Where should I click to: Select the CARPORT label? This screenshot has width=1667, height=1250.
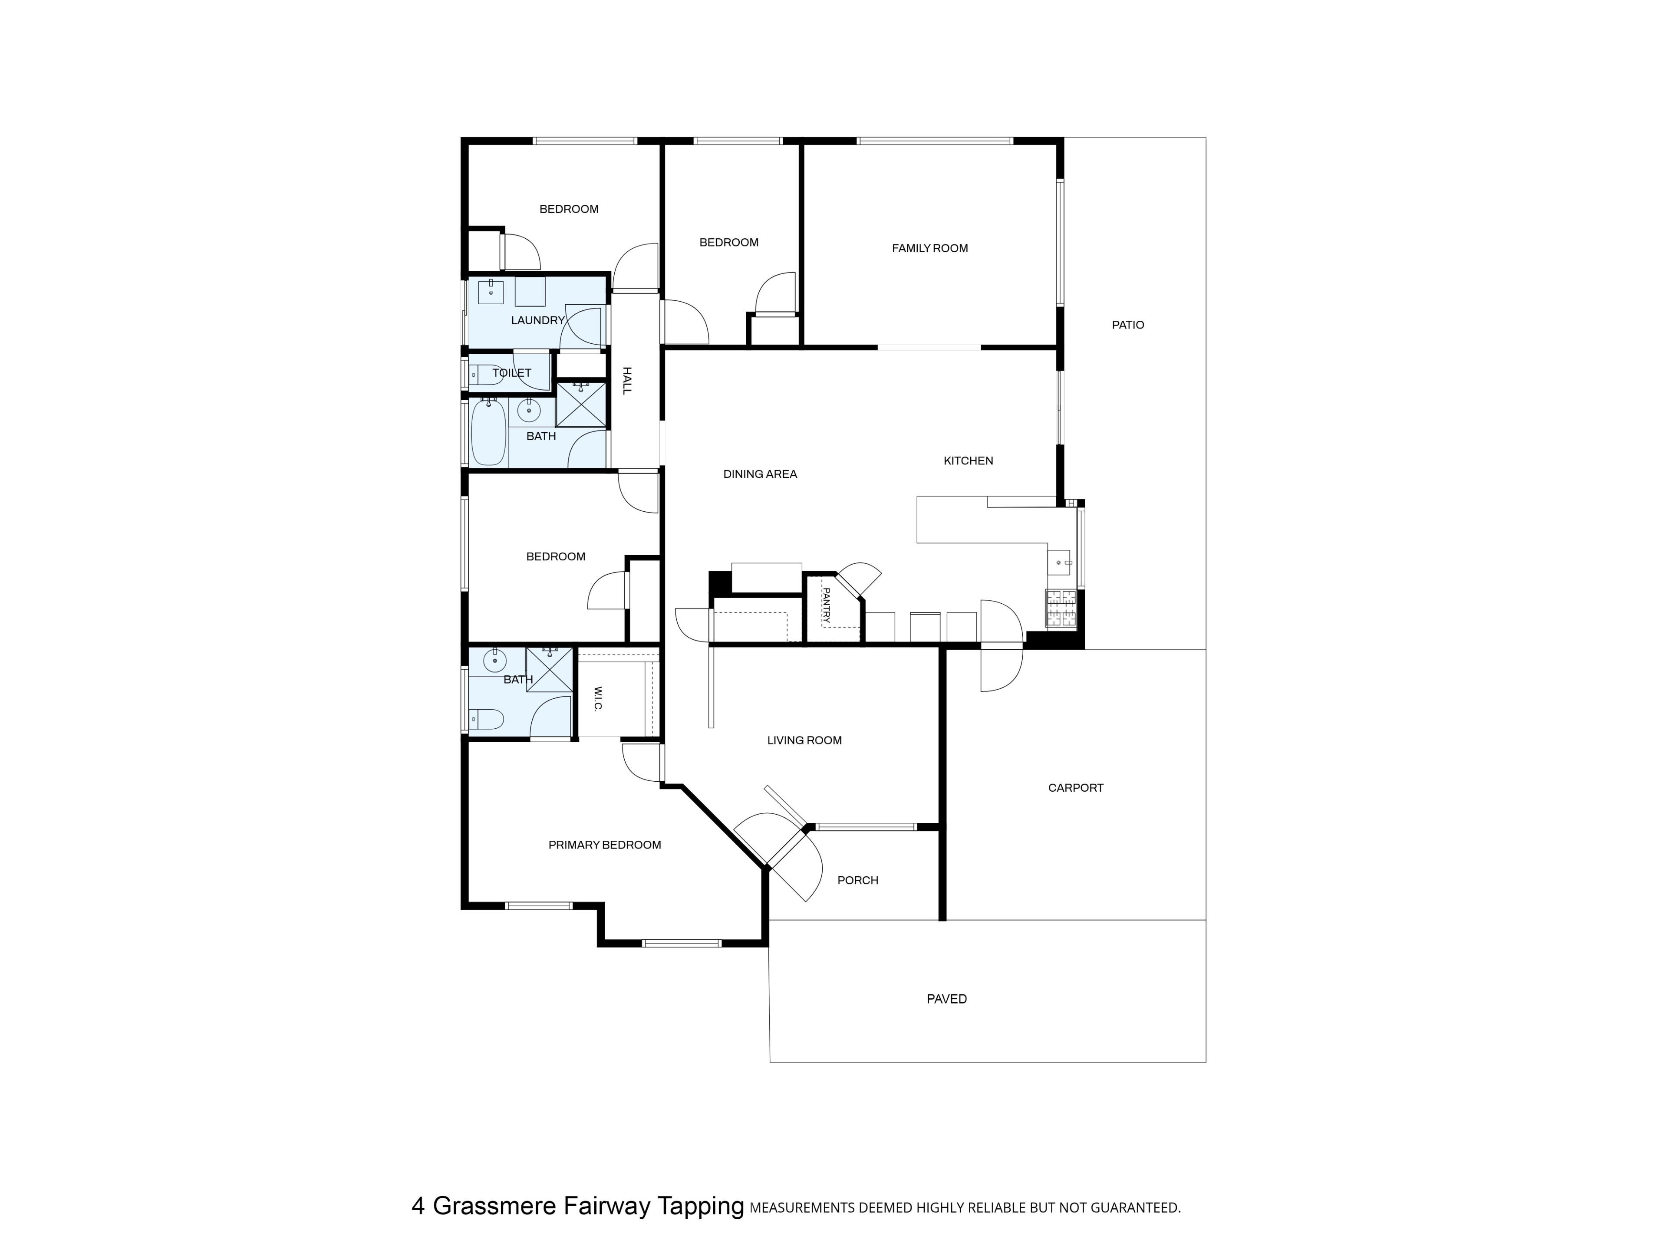point(1075,787)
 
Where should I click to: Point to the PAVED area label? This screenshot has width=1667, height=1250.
point(946,998)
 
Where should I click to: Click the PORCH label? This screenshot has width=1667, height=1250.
point(858,880)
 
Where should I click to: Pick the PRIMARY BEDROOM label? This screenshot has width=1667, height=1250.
point(604,845)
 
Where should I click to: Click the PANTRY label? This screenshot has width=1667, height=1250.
point(826,605)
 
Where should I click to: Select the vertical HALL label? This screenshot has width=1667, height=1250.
point(626,381)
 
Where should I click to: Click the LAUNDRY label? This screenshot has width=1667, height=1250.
point(537,320)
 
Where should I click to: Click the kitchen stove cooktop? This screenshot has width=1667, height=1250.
point(1061,609)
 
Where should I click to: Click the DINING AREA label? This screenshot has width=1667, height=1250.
point(760,474)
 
